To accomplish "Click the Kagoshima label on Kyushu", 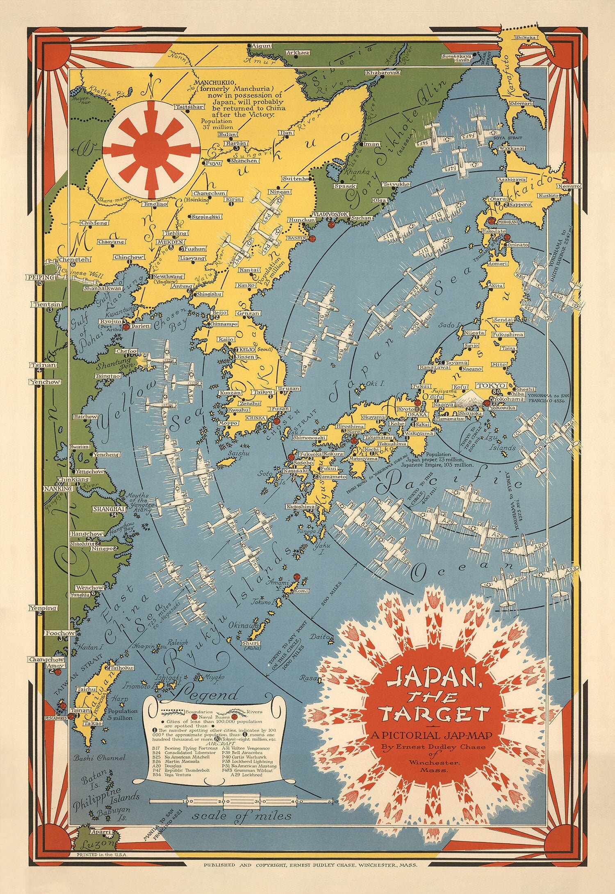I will pyautogui.click(x=301, y=507).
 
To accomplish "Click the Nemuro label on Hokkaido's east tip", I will pyautogui.click(x=569, y=186).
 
